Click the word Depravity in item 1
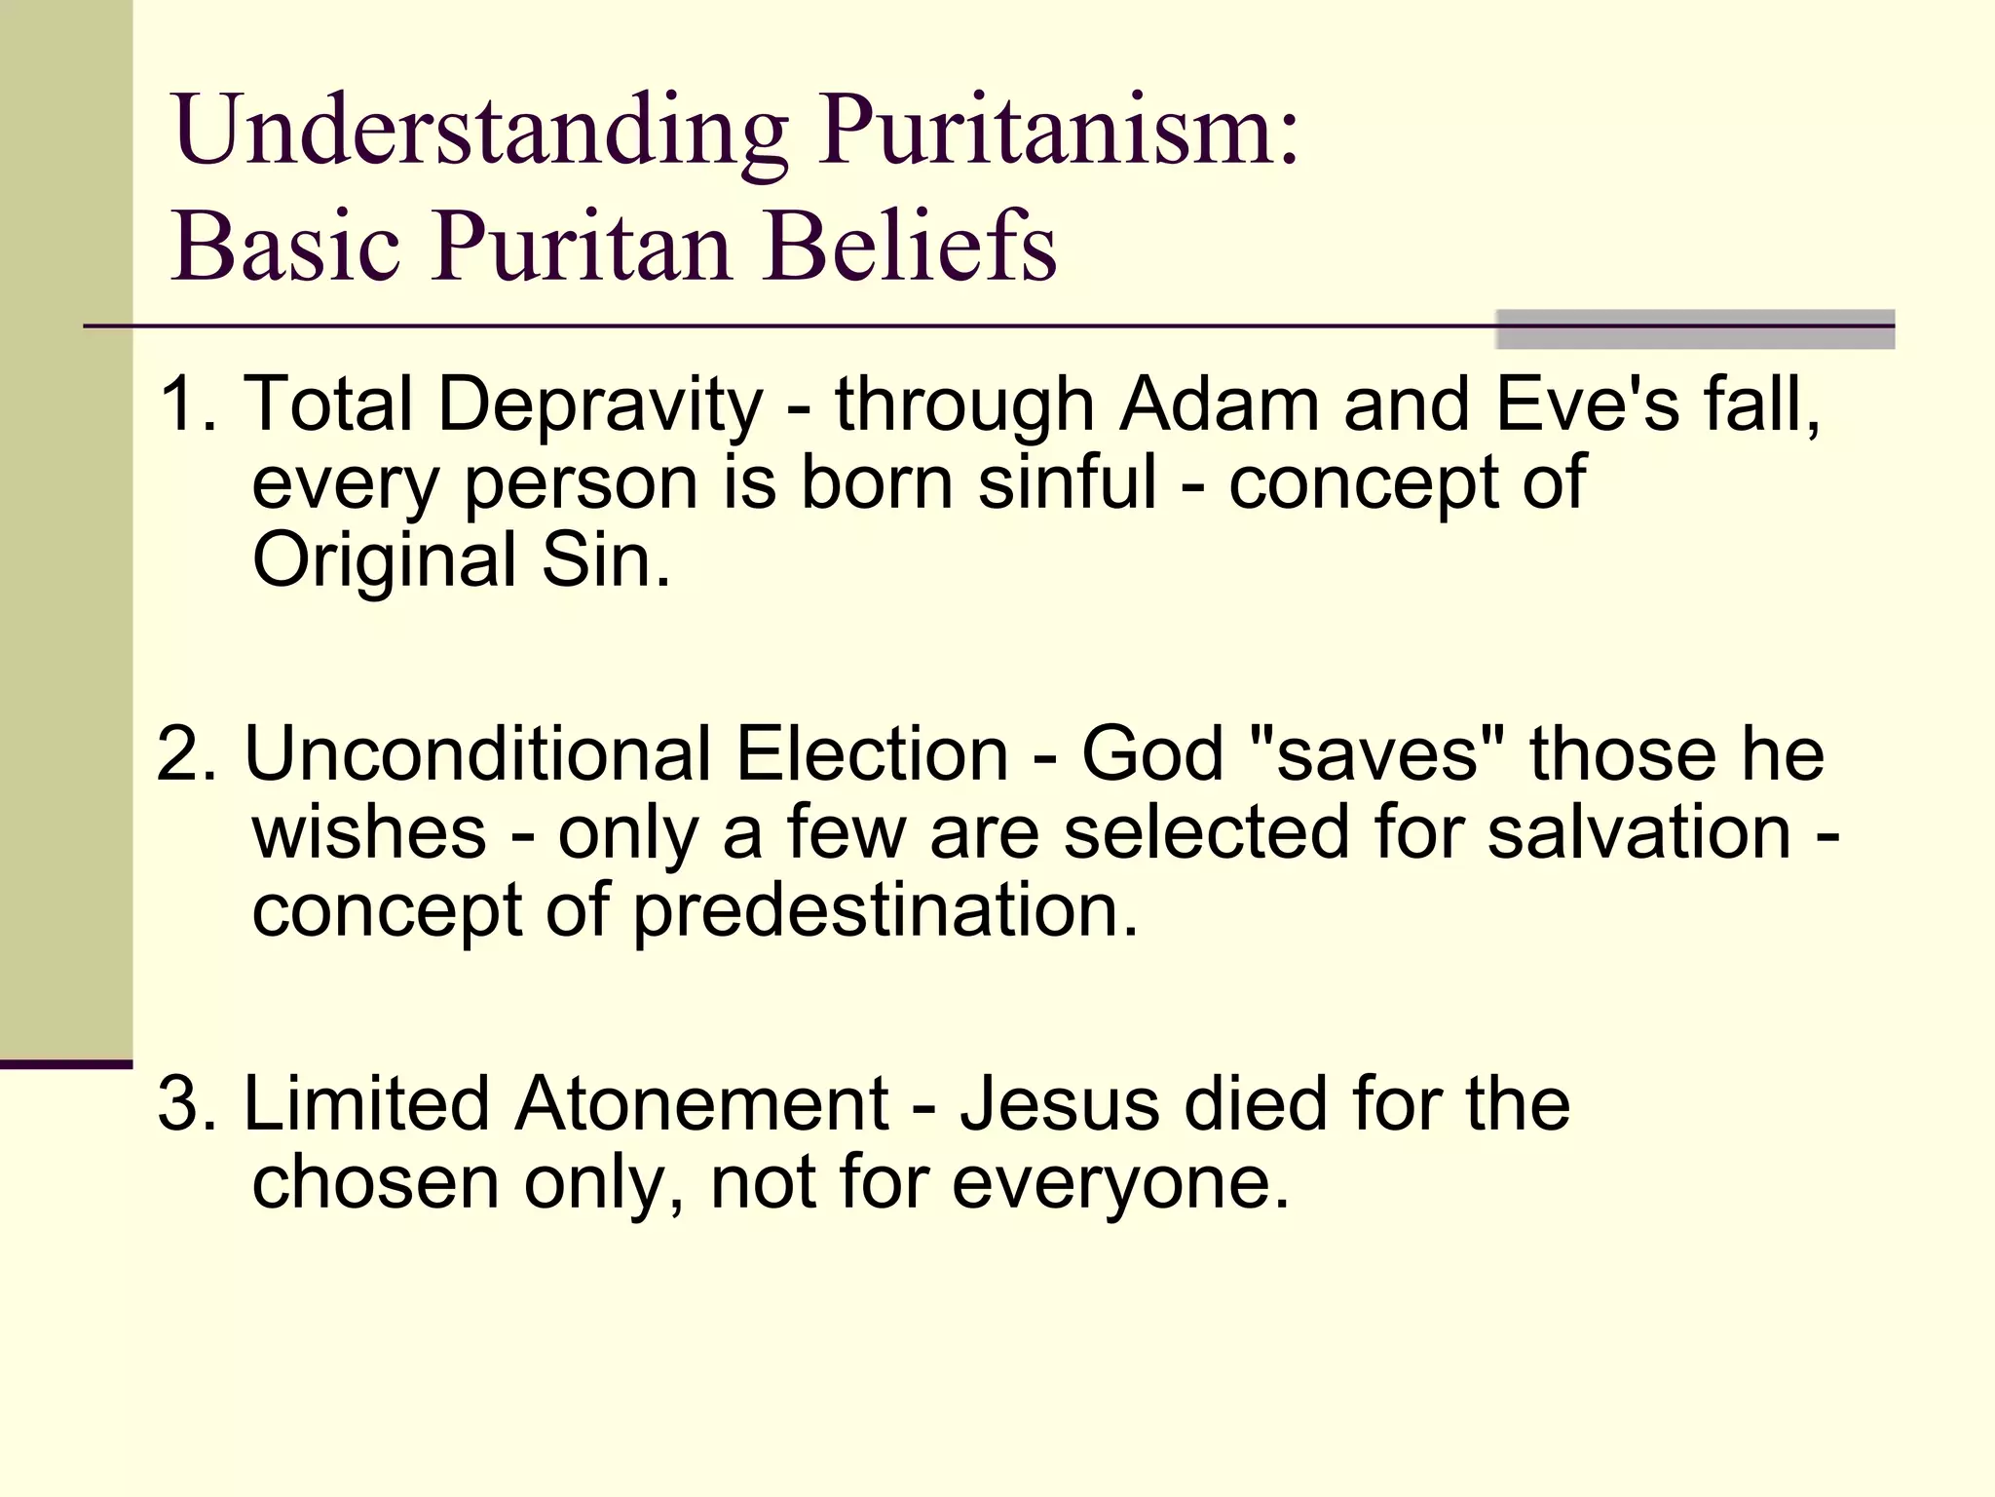click(600, 405)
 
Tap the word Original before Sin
click(384, 561)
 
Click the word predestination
click(885, 911)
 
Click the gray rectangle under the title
click(1694, 329)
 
